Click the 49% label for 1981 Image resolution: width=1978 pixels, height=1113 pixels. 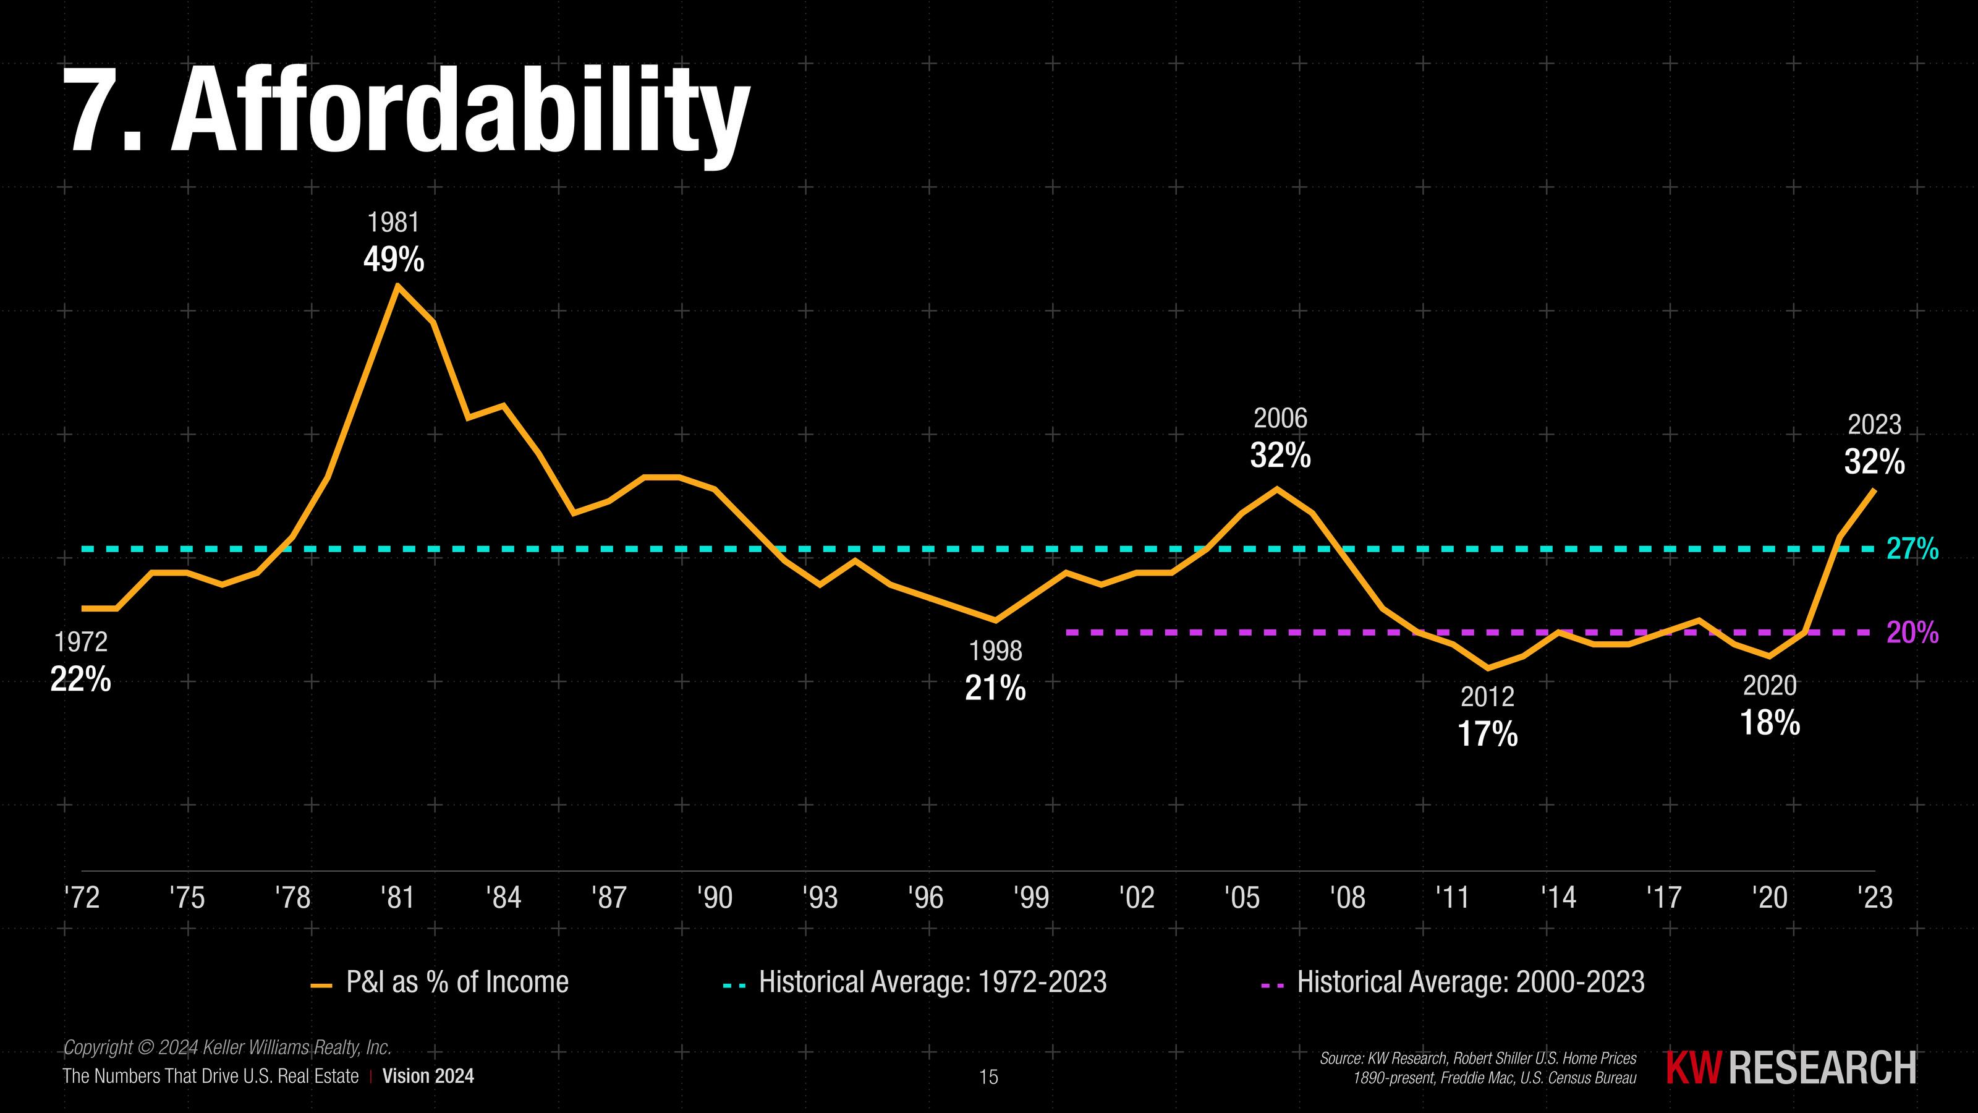(x=393, y=260)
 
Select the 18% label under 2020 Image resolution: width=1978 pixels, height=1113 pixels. (x=1769, y=723)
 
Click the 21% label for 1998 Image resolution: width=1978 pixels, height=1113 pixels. (x=995, y=689)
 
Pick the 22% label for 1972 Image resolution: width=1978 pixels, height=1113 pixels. (x=80, y=679)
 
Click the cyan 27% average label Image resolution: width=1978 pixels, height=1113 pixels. (x=1912, y=549)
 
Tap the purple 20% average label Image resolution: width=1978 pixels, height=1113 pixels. (x=1912, y=633)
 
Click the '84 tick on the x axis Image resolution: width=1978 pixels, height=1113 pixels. (x=504, y=897)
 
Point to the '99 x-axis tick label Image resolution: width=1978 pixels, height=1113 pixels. (x=1031, y=897)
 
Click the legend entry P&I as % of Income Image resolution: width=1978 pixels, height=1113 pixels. (x=457, y=983)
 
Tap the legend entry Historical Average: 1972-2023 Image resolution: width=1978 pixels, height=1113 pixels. (x=932, y=983)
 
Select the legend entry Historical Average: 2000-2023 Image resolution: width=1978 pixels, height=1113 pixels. (x=1471, y=983)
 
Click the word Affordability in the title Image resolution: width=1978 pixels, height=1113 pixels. (x=461, y=111)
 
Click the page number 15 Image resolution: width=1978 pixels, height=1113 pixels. (x=989, y=1078)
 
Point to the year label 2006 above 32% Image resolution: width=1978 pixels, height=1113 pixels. (x=1280, y=419)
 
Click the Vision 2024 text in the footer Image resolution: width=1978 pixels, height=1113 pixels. (x=428, y=1076)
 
